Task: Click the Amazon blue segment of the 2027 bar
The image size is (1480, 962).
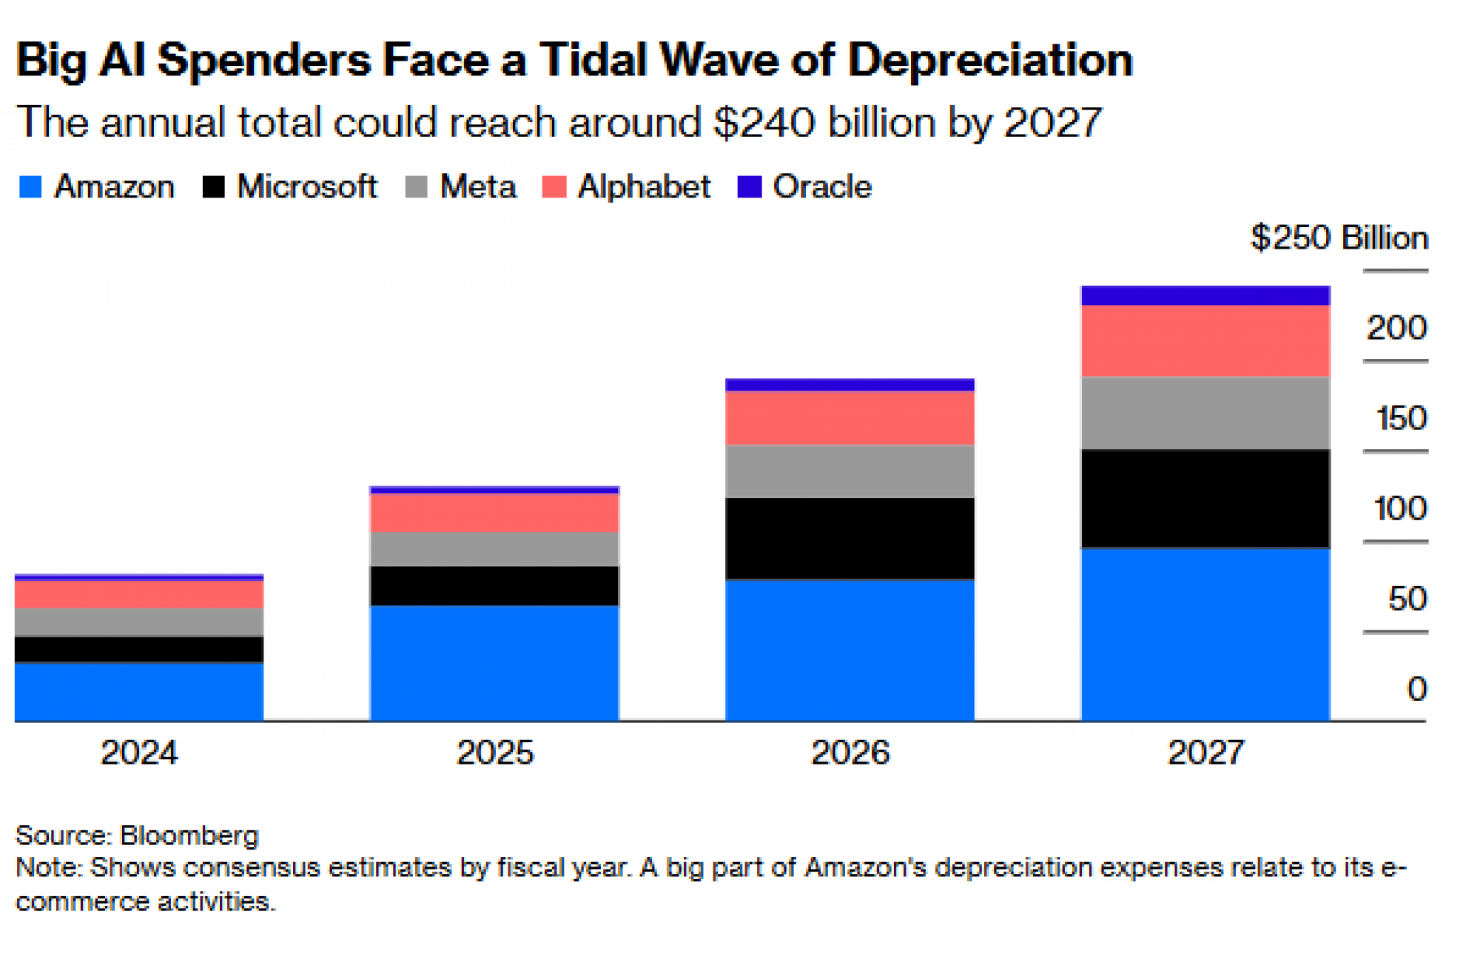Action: [1205, 634]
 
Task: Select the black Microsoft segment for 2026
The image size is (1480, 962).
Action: [850, 538]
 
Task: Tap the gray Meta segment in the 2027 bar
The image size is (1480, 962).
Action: [1205, 413]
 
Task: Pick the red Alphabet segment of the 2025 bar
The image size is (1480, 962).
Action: [494, 513]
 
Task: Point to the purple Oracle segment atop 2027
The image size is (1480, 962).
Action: [1205, 295]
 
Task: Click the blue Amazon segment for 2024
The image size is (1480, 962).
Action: [139, 692]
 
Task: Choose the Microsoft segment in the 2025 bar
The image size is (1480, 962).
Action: [494, 586]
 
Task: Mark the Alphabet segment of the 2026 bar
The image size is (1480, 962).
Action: [850, 417]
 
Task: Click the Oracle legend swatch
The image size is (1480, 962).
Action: [750, 186]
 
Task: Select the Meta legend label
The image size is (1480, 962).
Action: [478, 186]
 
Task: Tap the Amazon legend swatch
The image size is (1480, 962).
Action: [30, 186]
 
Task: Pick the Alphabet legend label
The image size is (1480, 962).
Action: [644, 186]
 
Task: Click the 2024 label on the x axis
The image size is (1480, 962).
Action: [139, 753]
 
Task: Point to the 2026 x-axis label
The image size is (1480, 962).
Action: [850, 753]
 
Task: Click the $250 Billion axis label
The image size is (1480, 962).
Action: [1339, 238]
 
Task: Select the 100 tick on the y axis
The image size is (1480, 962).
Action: [1399, 509]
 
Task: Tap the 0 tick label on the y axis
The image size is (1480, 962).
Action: [1416, 689]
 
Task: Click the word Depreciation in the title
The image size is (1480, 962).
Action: [990, 59]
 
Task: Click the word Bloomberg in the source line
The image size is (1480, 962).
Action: [189, 835]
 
